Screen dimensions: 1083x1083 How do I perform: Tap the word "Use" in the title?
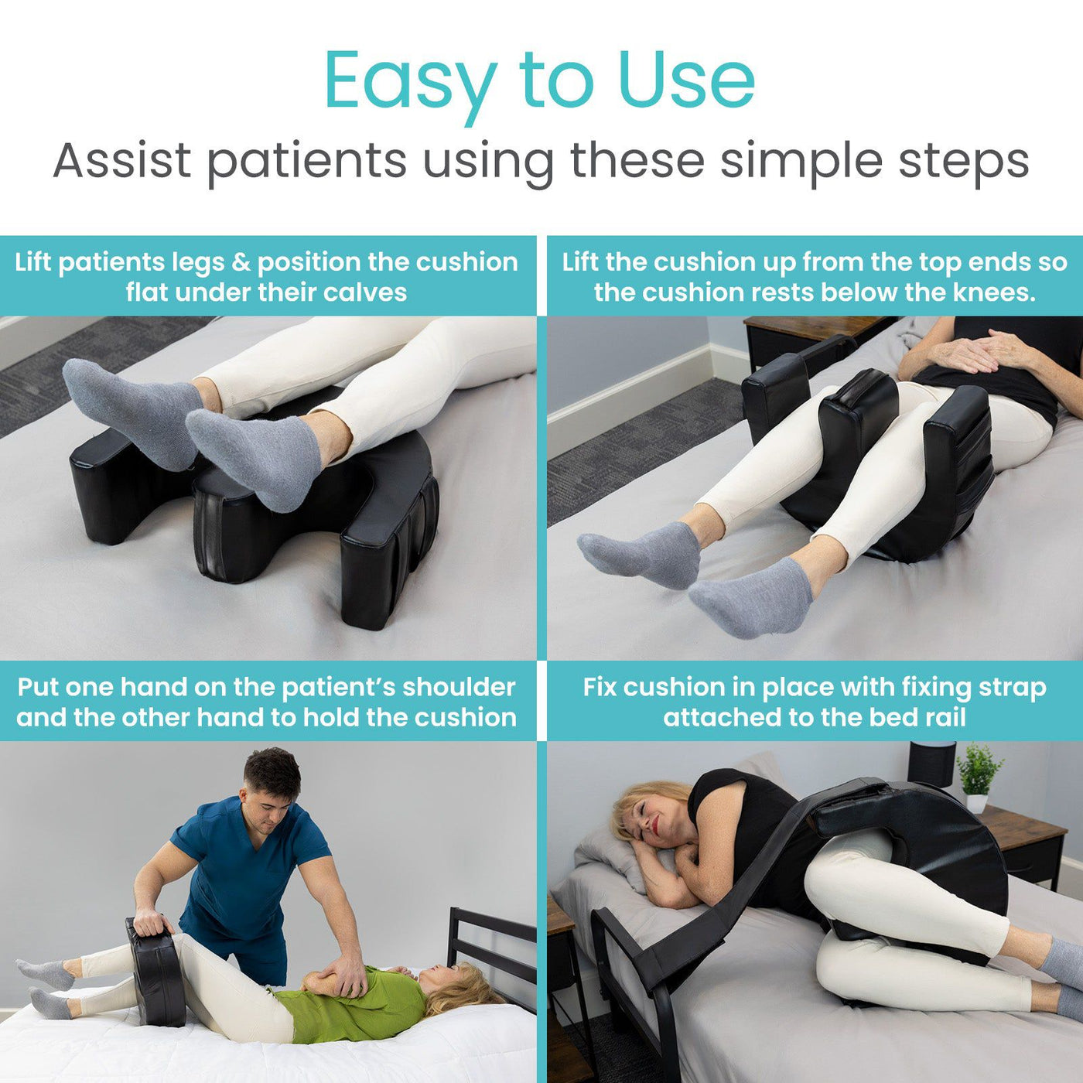coord(686,80)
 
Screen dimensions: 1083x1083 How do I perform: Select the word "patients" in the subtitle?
coord(306,160)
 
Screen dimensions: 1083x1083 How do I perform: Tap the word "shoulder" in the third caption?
coord(459,687)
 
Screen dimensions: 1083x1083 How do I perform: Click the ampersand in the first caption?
coord(241,262)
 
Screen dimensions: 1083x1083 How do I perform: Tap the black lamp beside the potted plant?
coord(931,762)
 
